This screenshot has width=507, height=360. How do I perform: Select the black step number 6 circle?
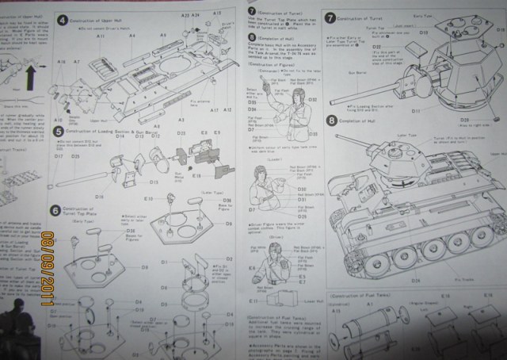click(x=55, y=209)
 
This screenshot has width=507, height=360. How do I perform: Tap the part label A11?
click(x=101, y=36)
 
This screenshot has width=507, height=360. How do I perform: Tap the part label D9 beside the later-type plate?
click(x=228, y=224)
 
